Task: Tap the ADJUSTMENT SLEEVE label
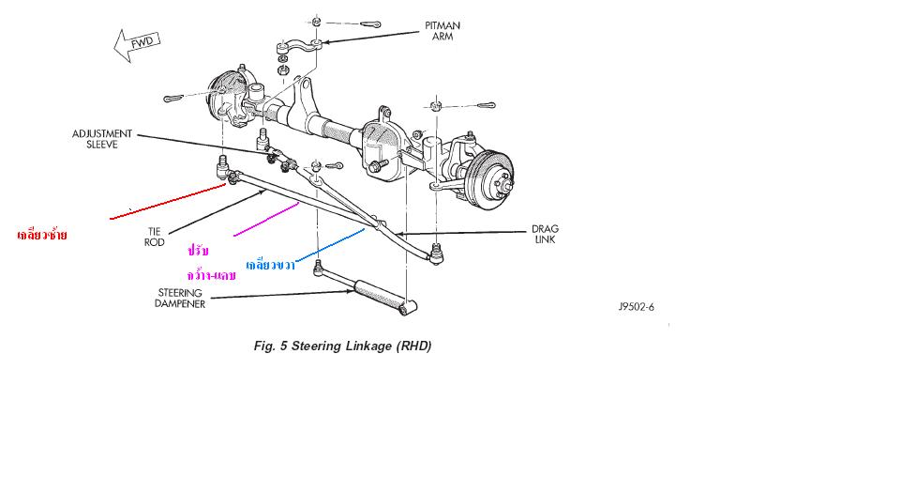(x=102, y=139)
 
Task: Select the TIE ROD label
(x=155, y=236)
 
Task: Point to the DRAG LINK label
(x=545, y=234)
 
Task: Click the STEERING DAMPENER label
(x=180, y=298)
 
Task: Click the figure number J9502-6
(x=636, y=307)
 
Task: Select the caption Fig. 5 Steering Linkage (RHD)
(x=342, y=346)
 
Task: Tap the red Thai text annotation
(x=42, y=234)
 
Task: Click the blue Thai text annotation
(x=271, y=266)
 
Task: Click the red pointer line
(x=169, y=202)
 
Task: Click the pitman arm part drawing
(x=300, y=49)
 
